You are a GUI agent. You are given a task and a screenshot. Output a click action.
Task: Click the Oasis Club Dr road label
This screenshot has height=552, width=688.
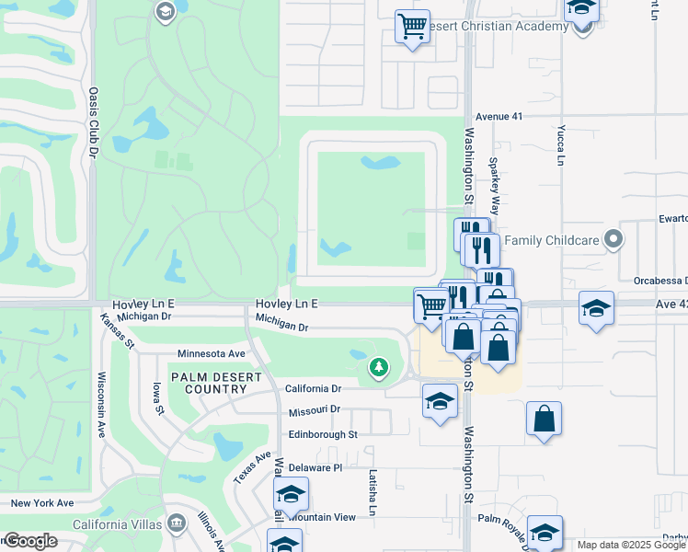pyautogui.click(x=93, y=124)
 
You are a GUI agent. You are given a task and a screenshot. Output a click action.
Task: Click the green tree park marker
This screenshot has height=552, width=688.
pyautogui.click(x=378, y=368)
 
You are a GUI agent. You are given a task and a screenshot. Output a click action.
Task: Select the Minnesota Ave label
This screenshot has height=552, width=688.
pyautogui.click(x=212, y=353)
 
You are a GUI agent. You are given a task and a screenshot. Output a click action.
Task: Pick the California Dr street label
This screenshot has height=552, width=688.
pyautogui.click(x=313, y=389)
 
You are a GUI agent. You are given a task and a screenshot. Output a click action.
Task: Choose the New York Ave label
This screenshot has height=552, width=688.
pyautogui.click(x=42, y=503)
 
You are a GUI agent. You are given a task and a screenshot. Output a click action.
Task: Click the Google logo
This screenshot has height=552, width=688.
pyautogui.click(x=30, y=541)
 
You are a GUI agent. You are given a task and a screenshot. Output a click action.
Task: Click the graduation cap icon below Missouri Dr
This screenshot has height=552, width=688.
pyautogui.click(x=440, y=401)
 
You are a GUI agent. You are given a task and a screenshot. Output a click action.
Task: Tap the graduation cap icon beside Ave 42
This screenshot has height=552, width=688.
pyautogui.click(x=596, y=308)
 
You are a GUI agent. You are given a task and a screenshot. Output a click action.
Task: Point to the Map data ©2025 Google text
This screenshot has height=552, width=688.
pyautogui.click(x=631, y=545)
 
